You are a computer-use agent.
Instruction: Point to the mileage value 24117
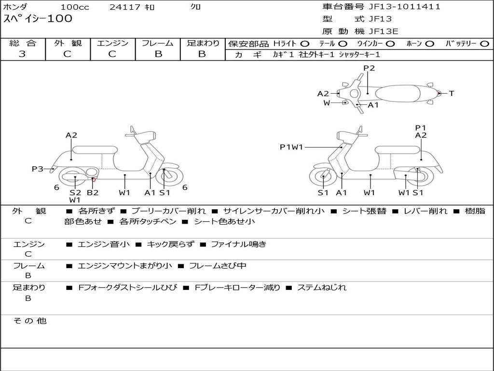[124, 7]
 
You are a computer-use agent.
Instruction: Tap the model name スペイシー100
[38, 19]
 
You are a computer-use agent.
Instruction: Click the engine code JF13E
[384, 31]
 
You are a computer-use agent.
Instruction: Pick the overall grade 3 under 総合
[22, 54]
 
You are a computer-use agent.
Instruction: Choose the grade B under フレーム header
[158, 54]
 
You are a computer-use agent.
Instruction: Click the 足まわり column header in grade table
[203, 43]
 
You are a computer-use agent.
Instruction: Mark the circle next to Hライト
[305, 43]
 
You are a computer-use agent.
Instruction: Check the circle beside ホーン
[430, 43]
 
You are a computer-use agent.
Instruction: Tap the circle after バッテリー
[484, 43]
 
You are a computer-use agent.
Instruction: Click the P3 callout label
[38, 169]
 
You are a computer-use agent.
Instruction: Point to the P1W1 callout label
[291, 147]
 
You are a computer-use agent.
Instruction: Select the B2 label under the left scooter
[93, 193]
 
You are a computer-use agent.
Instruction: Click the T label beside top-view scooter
[452, 93]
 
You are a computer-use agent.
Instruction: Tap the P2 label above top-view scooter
[369, 68]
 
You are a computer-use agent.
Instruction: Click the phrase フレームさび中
[218, 266]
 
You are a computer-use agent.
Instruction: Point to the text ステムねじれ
[322, 287]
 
